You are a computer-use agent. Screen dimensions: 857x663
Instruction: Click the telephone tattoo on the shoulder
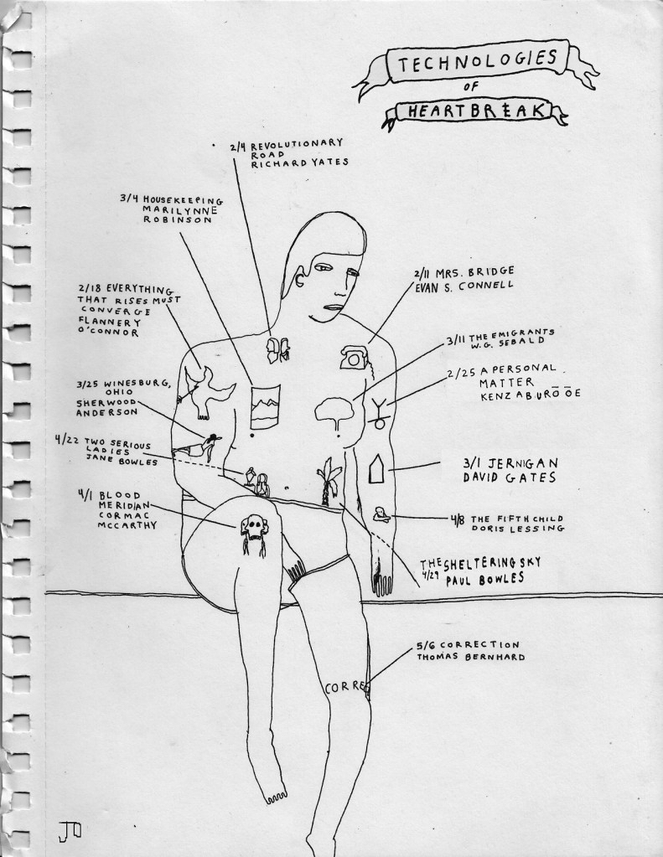click(x=355, y=357)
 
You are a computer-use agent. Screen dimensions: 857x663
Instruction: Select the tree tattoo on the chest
click(x=336, y=413)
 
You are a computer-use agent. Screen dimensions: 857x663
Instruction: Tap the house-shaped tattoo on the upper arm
click(x=376, y=468)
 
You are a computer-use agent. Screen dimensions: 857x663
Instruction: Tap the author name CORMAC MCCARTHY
click(x=115, y=523)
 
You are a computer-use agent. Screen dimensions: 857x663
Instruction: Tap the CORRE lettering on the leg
click(x=344, y=688)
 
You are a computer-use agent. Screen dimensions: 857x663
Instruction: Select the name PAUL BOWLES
click(x=485, y=579)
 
